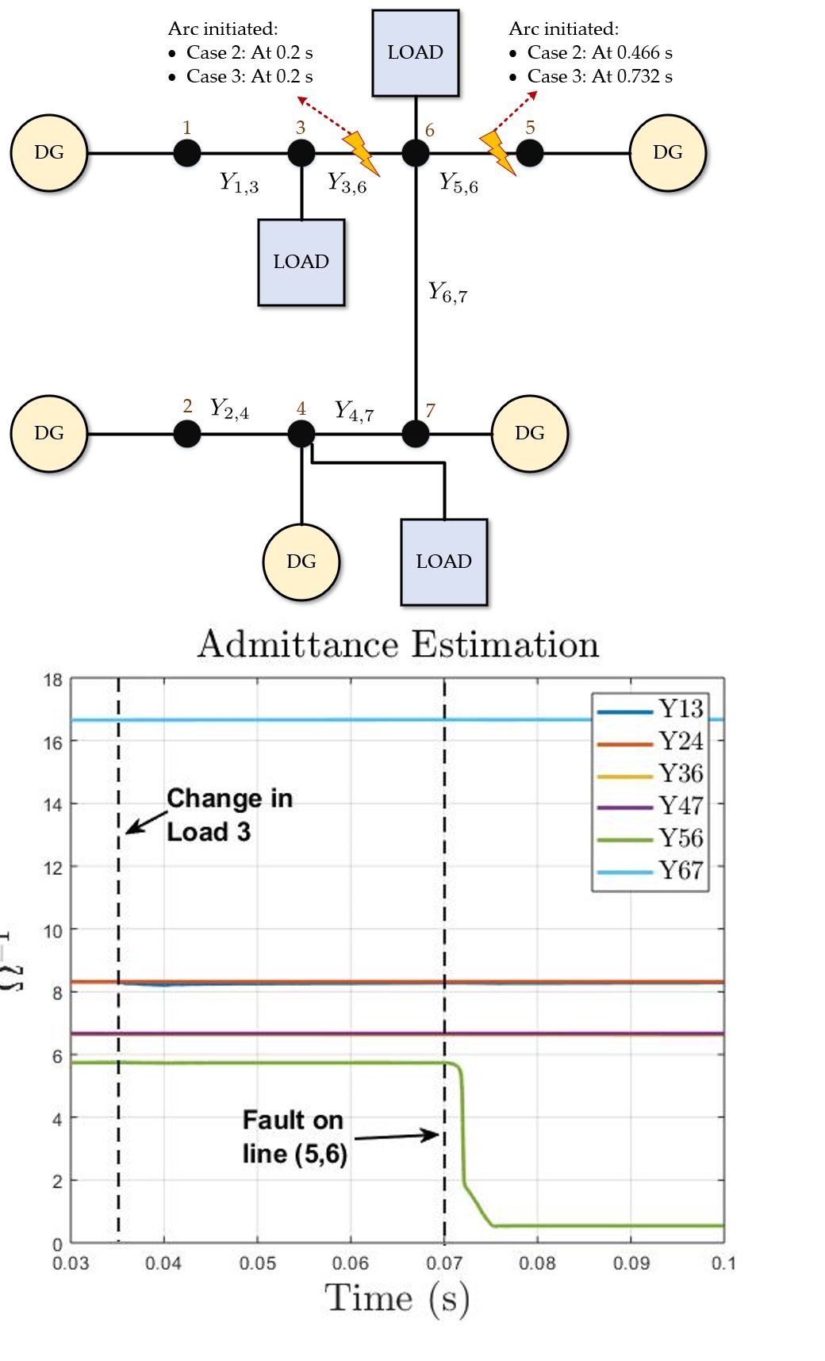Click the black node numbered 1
187,152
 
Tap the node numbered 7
416,434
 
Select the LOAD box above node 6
416,53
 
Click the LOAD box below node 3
301,263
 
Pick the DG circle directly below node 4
301,562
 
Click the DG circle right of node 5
667,152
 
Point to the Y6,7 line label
448,293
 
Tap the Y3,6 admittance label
347,184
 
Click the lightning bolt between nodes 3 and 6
361,152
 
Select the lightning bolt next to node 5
498,152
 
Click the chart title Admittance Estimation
398,644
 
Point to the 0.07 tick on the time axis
443,1263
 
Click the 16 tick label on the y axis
52,742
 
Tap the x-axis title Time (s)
397,1299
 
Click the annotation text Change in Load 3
229,815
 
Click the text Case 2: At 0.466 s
600,53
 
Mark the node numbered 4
301,434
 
